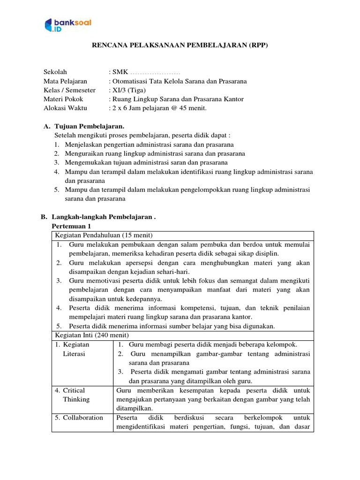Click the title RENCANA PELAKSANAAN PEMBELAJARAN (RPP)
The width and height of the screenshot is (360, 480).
pyautogui.click(x=180, y=45)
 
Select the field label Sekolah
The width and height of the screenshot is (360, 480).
pyautogui.click(x=55, y=72)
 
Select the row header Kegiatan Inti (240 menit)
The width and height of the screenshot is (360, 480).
pyautogui.click(x=92, y=335)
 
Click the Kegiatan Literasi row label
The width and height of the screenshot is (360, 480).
pyautogui.click(x=75, y=349)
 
